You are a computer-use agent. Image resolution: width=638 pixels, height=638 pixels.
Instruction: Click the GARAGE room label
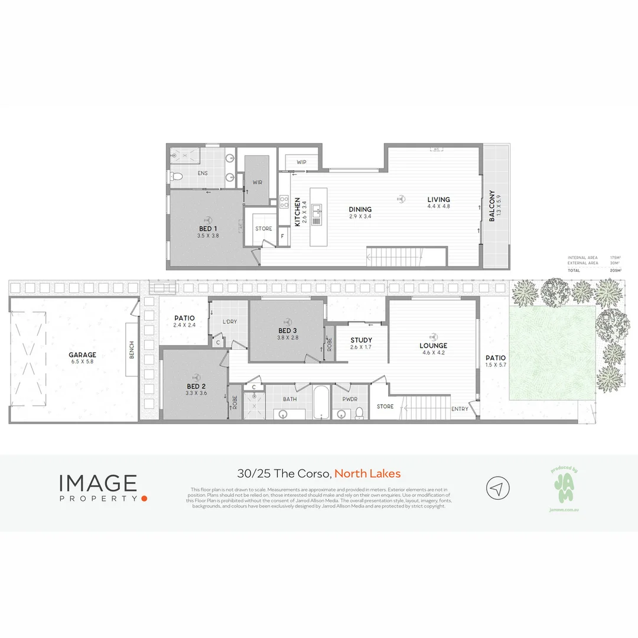coord(82,355)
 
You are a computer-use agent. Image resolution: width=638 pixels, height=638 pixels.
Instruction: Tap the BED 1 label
coord(208,228)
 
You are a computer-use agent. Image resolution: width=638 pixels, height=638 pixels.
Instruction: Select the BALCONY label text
coord(491,206)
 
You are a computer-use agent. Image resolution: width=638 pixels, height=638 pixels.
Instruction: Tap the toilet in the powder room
coord(359,414)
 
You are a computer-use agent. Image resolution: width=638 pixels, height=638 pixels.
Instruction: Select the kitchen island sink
coord(317,210)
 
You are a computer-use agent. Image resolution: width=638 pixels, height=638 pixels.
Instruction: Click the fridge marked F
coord(282,236)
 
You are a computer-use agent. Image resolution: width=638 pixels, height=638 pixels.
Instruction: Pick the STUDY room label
coord(361,340)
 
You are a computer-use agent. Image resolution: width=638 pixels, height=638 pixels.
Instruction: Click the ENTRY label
coord(460,409)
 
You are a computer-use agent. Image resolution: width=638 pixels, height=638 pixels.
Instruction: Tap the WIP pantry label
coord(301,162)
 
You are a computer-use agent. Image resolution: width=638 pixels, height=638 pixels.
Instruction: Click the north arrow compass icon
coord(497,488)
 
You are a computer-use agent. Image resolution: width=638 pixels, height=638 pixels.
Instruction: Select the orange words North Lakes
coord(367,473)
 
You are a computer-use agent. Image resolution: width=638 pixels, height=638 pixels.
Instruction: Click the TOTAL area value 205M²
coord(615,269)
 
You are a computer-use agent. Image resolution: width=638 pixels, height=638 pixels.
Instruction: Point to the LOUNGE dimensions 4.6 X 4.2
coord(434,353)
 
